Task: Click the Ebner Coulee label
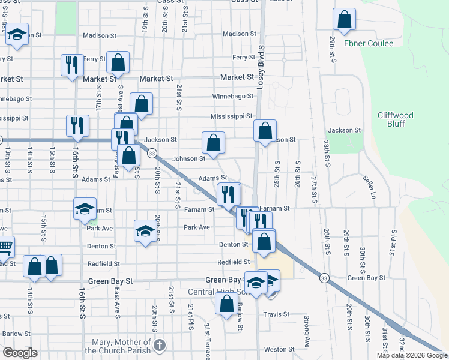(369, 43)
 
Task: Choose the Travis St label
(277, 314)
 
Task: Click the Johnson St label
(189, 159)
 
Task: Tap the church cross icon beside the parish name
(158, 346)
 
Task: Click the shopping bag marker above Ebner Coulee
(345, 20)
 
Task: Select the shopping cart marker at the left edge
(4, 247)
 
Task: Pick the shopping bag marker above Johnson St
(213, 143)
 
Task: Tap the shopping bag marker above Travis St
(227, 304)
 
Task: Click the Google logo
(20, 353)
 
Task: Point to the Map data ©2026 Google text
(411, 355)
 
